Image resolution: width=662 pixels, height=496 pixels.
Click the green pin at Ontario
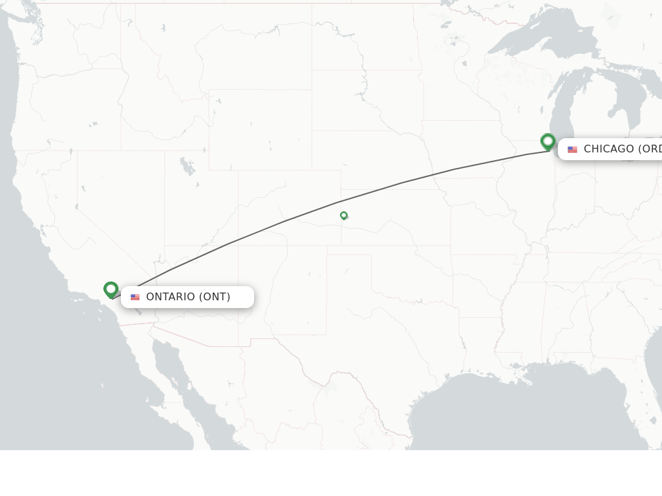(111, 289)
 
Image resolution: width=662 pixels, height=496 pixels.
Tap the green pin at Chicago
(548, 141)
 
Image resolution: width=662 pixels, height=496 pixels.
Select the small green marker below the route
(344, 215)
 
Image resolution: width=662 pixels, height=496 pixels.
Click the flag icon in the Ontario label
(135, 297)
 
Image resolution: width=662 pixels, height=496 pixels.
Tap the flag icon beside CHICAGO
(572, 149)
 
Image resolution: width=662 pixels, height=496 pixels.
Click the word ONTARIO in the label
(170, 297)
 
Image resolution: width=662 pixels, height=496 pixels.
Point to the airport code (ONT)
(214, 297)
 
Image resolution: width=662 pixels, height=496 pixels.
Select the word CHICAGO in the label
(608, 149)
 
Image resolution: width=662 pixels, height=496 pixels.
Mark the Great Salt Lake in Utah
(188, 167)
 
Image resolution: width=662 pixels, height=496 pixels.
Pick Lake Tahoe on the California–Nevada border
(83, 189)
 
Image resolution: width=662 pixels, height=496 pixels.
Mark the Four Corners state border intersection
(239, 245)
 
